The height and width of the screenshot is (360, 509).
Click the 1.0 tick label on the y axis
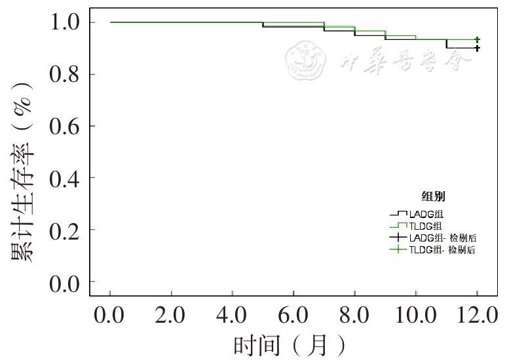[x=64, y=22]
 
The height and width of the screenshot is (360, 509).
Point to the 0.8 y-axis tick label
[x=64, y=74]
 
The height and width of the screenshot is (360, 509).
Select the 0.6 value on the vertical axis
[x=64, y=126]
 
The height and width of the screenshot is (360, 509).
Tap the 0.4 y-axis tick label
[x=64, y=177]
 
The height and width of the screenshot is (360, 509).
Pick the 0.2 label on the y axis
[x=64, y=230]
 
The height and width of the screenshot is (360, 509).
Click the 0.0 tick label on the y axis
[x=64, y=282]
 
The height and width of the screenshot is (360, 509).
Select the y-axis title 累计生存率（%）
[x=24, y=172]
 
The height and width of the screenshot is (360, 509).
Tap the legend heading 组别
[x=434, y=196]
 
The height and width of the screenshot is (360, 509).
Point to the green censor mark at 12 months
[x=478, y=40]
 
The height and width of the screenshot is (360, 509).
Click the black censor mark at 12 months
[x=478, y=48]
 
